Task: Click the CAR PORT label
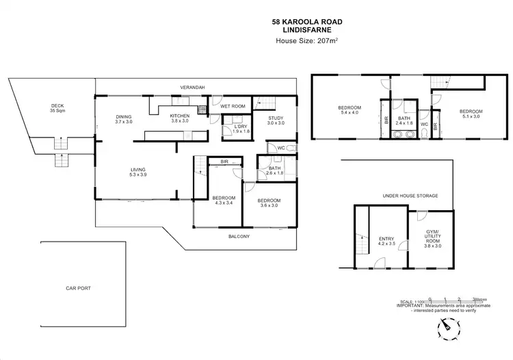click(x=78, y=288)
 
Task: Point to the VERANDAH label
click(x=193, y=88)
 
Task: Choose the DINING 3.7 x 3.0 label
click(x=124, y=119)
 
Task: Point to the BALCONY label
click(x=239, y=237)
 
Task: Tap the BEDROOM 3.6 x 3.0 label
click(x=268, y=203)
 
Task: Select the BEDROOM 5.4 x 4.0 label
click(x=348, y=112)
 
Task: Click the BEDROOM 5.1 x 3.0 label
click(x=471, y=114)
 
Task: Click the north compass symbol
click(x=447, y=329)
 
